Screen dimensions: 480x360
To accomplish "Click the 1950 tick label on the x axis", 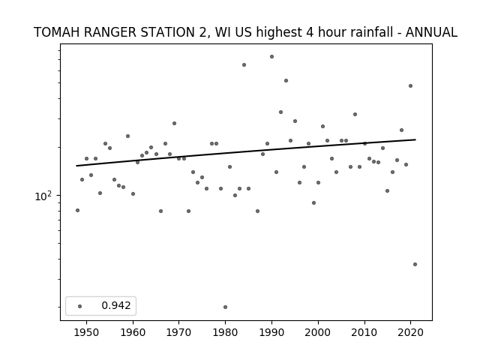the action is [87, 332].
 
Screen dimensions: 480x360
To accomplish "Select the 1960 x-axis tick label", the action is [133, 332].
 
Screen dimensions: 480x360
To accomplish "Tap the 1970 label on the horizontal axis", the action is [179, 332].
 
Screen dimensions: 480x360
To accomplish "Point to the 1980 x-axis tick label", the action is [225, 332].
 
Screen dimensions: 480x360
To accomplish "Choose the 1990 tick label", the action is [271, 332].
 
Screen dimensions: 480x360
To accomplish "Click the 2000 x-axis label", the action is [318, 332].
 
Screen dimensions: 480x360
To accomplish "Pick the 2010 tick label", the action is [364, 332].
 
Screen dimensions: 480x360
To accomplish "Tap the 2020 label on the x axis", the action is [410, 332].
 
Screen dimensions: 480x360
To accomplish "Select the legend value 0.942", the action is [116, 305].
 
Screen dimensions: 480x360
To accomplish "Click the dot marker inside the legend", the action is [80, 306].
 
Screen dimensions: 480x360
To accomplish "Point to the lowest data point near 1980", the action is [225, 307].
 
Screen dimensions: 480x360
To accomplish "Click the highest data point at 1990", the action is [271, 57].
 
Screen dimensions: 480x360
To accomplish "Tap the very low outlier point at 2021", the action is [415, 265].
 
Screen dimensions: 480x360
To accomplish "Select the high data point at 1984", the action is [244, 65].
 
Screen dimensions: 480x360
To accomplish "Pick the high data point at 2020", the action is [410, 86].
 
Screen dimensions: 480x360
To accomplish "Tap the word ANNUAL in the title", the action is [431, 32].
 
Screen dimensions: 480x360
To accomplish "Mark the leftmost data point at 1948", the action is [77, 210].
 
